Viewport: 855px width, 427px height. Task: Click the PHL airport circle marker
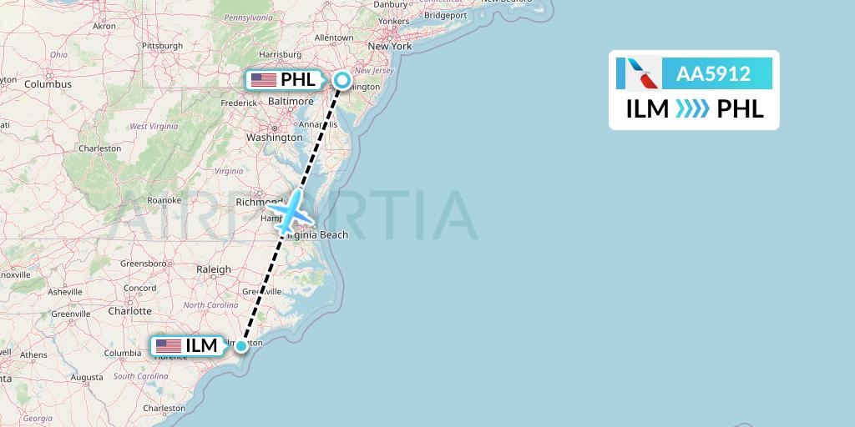click(342, 80)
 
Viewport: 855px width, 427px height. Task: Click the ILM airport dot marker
click(241, 345)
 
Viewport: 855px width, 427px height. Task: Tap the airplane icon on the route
click(290, 212)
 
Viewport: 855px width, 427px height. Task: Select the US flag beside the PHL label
click(264, 80)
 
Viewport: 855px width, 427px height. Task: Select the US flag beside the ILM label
click(168, 345)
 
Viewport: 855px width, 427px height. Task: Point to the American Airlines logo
click(639, 73)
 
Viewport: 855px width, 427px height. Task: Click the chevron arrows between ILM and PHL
click(692, 108)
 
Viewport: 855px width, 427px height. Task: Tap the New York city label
click(390, 47)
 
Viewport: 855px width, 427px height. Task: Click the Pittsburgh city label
click(162, 45)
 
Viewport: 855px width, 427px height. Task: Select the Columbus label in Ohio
click(48, 83)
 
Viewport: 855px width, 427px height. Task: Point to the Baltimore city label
click(291, 101)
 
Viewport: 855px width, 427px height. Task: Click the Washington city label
click(275, 137)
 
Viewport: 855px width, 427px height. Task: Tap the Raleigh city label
click(213, 269)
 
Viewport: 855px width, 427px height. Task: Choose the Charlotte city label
click(129, 311)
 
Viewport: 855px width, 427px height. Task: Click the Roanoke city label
click(164, 200)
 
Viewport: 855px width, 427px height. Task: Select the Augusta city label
click(87, 377)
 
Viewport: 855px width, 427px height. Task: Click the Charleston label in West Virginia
click(100, 148)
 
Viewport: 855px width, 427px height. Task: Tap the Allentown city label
click(334, 38)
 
